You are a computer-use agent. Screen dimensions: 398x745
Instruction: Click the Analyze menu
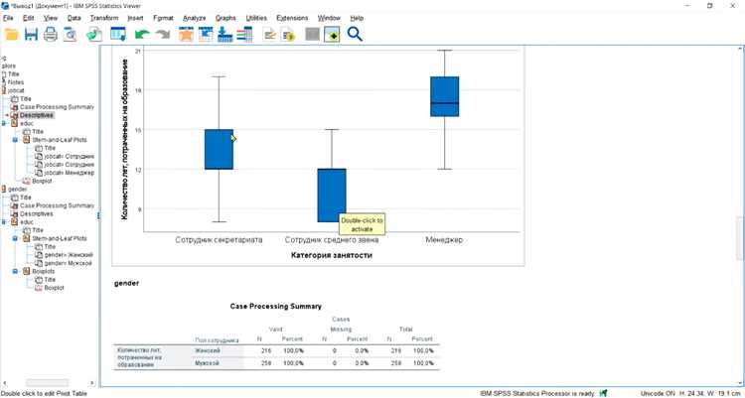click(x=194, y=18)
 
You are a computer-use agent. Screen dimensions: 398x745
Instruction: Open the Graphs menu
click(x=225, y=18)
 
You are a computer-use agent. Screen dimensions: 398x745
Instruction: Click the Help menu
click(x=357, y=18)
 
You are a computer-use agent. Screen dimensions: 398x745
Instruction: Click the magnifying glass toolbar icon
click(x=355, y=35)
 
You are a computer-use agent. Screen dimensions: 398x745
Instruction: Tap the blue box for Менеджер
click(x=444, y=96)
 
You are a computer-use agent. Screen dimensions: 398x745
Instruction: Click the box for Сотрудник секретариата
click(x=219, y=149)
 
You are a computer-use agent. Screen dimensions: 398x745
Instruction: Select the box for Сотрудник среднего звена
click(x=331, y=195)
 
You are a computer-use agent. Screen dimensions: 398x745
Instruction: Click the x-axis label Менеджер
click(x=444, y=240)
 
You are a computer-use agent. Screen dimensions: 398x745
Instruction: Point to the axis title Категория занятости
click(x=332, y=256)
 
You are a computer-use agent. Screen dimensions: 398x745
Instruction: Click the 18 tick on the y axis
click(x=138, y=90)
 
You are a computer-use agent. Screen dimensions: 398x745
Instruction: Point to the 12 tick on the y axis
click(x=138, y=170)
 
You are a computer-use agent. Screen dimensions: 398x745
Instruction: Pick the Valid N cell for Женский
click(x=264, y=350)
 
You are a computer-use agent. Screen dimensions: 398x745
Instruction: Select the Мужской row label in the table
click(x=207, y=364)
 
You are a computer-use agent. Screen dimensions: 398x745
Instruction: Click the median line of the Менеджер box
click(x=444, y=103)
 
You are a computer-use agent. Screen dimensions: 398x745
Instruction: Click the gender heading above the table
click(x=127, y=283)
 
